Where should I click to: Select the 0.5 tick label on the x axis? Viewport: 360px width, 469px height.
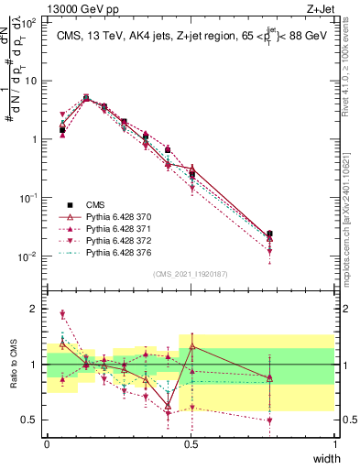pos(191,444)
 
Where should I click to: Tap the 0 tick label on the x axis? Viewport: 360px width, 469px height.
pos(47,444)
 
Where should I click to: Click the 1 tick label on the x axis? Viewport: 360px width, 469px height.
pos(334,444)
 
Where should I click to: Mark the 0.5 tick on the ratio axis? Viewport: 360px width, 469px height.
pos(32,420)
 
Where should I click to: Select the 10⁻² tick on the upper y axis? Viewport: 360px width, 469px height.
pos(30,256)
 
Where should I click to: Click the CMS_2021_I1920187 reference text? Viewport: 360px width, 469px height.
pos(191,273)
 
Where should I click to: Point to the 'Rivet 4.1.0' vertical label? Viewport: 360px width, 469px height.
pos(352,69)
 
